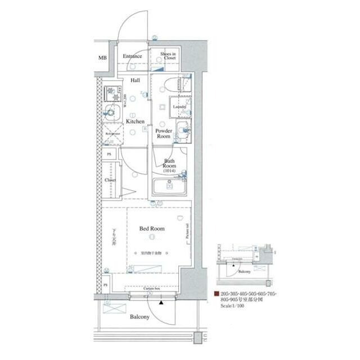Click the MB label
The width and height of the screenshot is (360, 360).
(x=102, y=58)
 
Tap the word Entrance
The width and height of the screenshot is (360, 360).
(x=132, y=57)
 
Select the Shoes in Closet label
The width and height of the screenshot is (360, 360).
(x=168, y=56)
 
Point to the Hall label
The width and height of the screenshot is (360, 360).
(x=136, y=80)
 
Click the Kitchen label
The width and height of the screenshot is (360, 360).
(x=135, y=121)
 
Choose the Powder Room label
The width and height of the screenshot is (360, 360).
(x=164, y=133)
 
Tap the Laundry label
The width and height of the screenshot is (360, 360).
(x=179, y=106)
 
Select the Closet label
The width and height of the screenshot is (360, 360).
(x=110, y=180)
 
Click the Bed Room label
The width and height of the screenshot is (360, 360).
(x=152, y=229)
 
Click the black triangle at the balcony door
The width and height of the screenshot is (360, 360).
(x=161, y=303)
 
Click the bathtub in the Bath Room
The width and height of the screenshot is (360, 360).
(x=169, y=187)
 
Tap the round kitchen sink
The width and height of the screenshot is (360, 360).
(x=111, y=112)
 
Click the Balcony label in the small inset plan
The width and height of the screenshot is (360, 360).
(x=244, y=272)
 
